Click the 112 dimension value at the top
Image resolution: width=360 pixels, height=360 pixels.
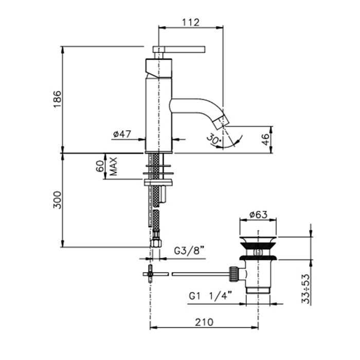[x=191, y=22]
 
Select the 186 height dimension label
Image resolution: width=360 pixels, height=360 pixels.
[x=58, y=99]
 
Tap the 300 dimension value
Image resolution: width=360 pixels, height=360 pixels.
[x=58, y=200]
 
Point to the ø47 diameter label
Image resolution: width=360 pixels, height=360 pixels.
[x=122, y=134]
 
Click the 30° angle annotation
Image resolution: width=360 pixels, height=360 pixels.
[x=214, y=140]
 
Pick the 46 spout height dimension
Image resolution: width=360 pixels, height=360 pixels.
[x=265, y=139]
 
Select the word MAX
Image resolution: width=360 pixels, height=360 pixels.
[x=114, y=166]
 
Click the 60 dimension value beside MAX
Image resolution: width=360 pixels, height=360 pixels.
[x=100, y=166]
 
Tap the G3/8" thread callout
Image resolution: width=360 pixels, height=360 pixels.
[x=189, y=251]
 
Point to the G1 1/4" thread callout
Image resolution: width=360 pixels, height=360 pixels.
[x=210, y=296]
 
